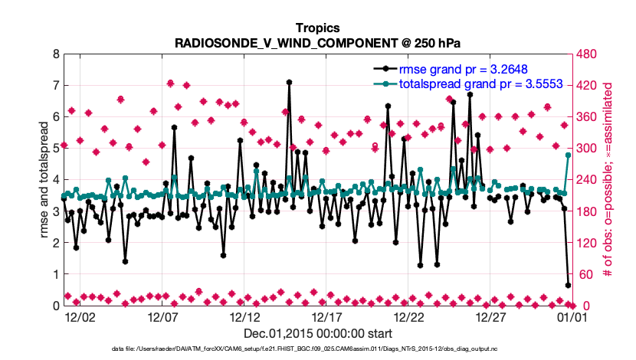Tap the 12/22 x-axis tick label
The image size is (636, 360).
[408, 315]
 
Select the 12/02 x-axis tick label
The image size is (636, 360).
[80, 315]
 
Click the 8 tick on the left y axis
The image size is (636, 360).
[55, 54]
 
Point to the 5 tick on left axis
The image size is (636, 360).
[55, 149]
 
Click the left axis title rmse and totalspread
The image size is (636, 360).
[44, 180]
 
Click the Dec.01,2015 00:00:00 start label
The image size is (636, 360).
[317, 333]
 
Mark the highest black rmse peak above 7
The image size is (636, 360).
[289, 82]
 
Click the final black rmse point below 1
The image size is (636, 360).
[569, 285]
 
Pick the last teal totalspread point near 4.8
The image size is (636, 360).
[569, 155]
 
